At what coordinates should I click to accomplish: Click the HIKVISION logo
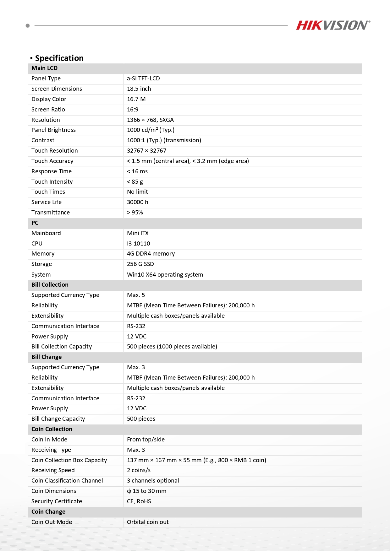tap(333, 25)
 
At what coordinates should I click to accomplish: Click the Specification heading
tap(59, 58)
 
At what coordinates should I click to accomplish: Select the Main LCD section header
tap(44, 68)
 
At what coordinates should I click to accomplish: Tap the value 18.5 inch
tap(139, 89)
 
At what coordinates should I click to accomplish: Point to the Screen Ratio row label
tap(48, 110)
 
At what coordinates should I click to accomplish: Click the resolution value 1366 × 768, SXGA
tap(150, 120)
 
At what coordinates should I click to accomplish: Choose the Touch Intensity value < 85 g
tap(135, 182)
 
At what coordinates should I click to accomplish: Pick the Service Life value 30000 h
tap(137, 202)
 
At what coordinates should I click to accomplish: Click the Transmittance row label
tap(51, 213)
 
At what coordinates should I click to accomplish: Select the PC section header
tap(35, 223)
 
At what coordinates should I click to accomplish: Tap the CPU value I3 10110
tap(138, 244)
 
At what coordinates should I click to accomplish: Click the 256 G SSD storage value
tap(140, 264)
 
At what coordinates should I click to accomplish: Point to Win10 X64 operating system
tap(165, 275)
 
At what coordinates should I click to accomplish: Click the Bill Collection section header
tap(50, 285)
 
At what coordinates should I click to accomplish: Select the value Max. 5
tap(136, 295)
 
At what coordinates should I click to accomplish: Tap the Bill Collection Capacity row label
tap(62, 347)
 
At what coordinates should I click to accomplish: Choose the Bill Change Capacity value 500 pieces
tap(141, 419)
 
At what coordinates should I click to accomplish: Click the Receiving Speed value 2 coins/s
tap(139, 470)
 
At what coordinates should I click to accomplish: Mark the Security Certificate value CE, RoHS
tap(139, 501)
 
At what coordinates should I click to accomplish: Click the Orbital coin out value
tap(148, 522)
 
